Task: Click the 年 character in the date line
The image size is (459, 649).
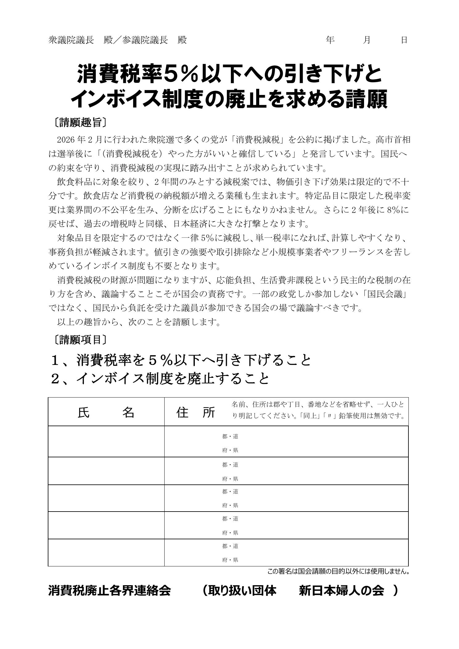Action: pos(330,40)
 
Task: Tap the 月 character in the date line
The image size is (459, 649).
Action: pos(367,40)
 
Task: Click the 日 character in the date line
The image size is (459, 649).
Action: pos(404,40)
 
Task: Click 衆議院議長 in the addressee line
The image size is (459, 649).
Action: pos(71,40)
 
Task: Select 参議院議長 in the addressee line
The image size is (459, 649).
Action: pos(145,40)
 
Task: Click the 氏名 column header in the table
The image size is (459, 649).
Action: pos(106,412)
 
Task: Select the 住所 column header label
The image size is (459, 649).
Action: pos(196,412)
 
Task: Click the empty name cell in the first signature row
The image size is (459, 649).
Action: pos(106,442)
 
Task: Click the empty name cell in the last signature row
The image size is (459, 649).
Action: pos(106,553)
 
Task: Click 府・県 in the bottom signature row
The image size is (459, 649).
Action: pos(230,560)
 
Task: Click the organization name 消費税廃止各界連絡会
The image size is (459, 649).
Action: pos(109,590)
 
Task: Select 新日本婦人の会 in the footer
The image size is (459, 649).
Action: pos(342,590)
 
